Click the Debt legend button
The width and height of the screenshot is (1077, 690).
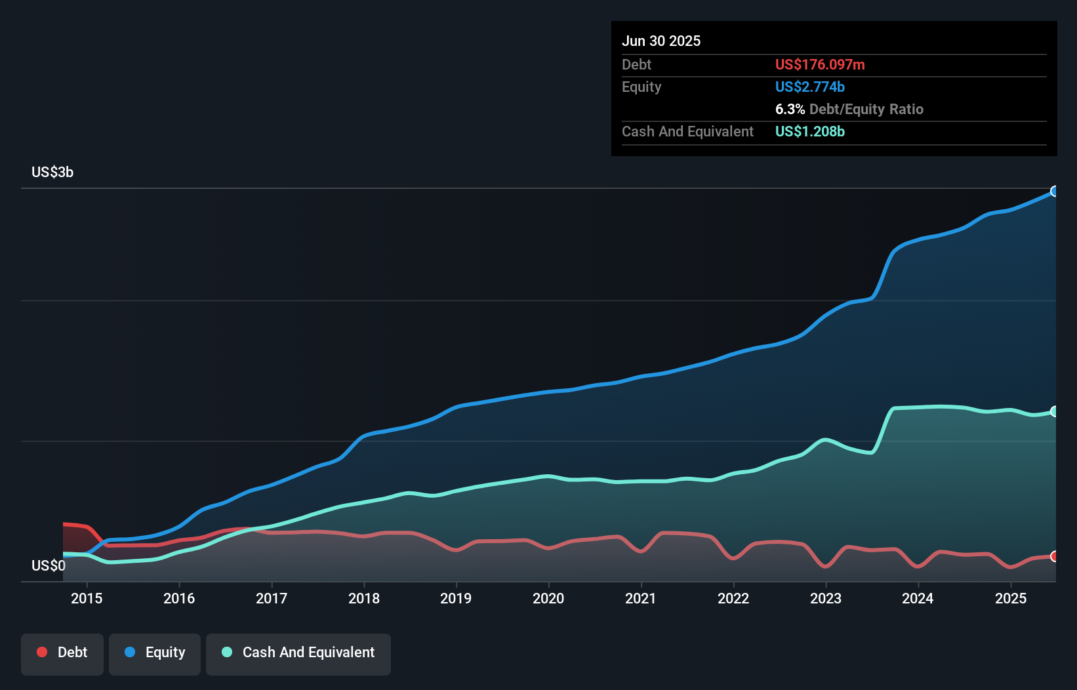(x=62, y=653)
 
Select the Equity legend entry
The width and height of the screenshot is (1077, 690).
(x=155, y=653)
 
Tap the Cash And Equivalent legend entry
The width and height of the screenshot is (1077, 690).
(x=298, y=653)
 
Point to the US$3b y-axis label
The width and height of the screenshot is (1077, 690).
(x=52, y=172)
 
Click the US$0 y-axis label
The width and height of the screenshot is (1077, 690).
(x=48, y=565)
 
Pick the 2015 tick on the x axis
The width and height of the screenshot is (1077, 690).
(x=87, y=598)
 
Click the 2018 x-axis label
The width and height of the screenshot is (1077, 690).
(x=364, y=598)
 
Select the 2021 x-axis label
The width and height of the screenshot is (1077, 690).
(x=641, y=598)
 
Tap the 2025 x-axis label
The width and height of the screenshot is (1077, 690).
(x=1011, y=598)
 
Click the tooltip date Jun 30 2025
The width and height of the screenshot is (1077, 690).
(x=661, y=41)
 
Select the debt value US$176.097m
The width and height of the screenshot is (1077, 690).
(x=820, y=65)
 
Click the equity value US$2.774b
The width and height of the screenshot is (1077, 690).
(x=810, y=87)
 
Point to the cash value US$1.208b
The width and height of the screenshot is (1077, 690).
(x=810, y=132)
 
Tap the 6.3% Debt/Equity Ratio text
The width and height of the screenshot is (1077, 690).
(x=849, y=110)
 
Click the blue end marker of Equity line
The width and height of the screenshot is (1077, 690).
(x=1055, y=192)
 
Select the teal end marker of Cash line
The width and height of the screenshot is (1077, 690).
(x=1055, y=411)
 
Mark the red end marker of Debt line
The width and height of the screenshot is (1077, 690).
(x=1055, y=556)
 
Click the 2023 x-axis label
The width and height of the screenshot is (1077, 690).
(x=826, y=598)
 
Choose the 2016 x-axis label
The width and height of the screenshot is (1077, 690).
(x=179, y=598)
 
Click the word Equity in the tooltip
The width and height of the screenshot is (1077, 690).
(x=641, y=87)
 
